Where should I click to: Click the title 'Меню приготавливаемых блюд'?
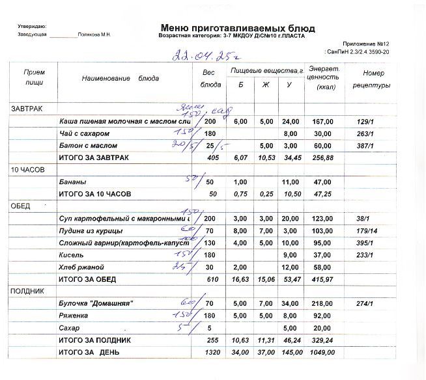point(237,28)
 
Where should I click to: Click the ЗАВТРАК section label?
point(27,108)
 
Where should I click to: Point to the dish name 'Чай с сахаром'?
point(84,133)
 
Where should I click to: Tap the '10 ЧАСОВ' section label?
point(27,170)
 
